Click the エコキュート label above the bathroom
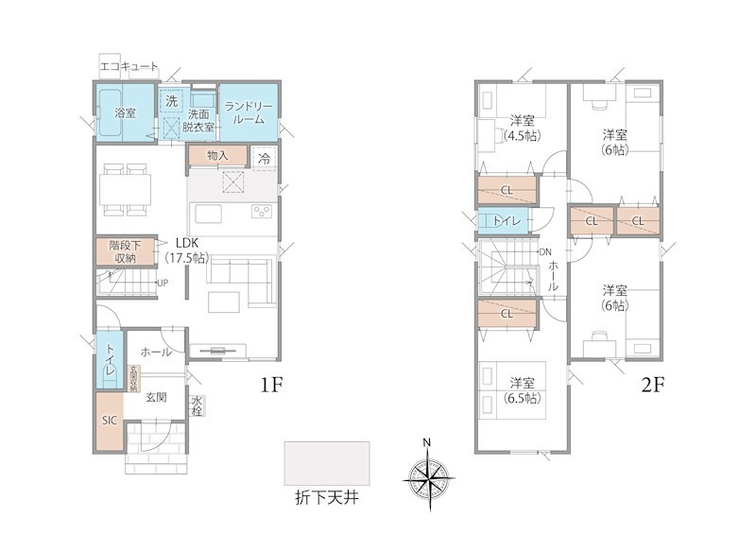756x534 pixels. tap(129, 67)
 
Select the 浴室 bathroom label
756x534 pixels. tap(125, 112)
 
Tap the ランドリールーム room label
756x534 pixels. tap(249, 112)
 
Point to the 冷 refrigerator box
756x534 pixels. tap(264, 158)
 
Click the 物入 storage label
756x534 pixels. tap(217, 155)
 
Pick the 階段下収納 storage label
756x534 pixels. tap(125, 251)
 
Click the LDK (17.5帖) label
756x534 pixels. tap(187, 250)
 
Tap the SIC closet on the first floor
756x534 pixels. tap(109, 421)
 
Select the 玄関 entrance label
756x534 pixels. tap(156, 397)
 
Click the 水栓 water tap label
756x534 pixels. tap(197, 406)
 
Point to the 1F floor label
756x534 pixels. tap(271, 385)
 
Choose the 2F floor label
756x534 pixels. tap(653, 385)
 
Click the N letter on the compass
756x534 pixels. tap(427, 442)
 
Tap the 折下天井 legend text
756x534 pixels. tap(327, 497)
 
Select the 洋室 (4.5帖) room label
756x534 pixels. tap(523, 128)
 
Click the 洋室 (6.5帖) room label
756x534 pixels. tap(523, 390)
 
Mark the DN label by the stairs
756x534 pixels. tap(545, 251)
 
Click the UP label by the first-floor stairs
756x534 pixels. tap(163, 283)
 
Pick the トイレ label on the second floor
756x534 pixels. tap(507, 221)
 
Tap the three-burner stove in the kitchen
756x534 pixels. tap(263, 212)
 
